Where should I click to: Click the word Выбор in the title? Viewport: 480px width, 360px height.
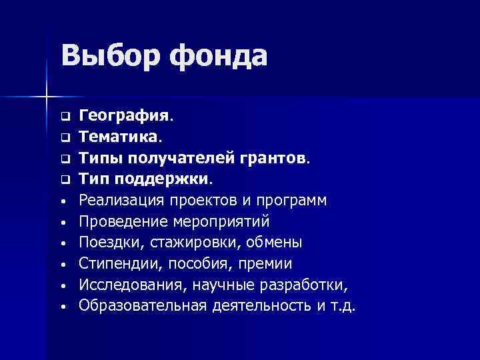click(109, 55)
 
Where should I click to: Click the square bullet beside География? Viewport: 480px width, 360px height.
click(65, 117)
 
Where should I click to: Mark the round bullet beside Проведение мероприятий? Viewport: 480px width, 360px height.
click(65, 222)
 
